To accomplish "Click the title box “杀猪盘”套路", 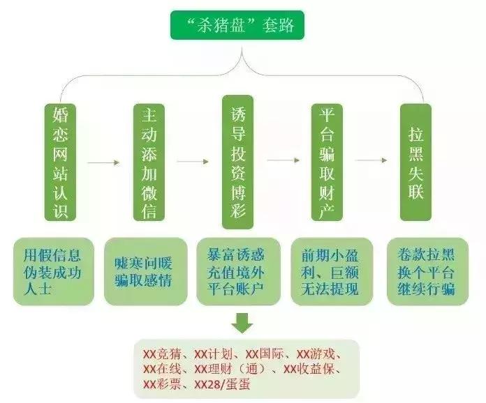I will click(x=242, y=26).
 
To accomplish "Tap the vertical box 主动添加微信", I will click(x=149, y=162).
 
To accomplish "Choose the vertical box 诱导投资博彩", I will click(x=237, y=162).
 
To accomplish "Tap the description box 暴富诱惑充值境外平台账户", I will click(x=238, y=271).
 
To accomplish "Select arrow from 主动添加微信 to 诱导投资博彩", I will click(x=193, y=162).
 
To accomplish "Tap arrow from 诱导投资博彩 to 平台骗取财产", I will click(x=282, y=160).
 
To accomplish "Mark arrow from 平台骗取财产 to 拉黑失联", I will click(x=371, y=160).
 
